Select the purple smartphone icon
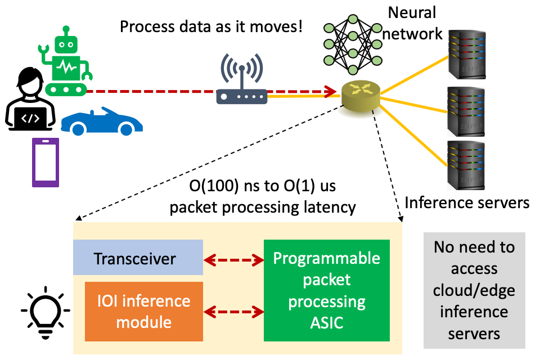coord(46,163)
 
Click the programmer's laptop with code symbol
coord(30,119)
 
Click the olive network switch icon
coord(361,96)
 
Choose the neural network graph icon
coord(353,44)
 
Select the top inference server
coord(467,55)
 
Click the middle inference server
coord(466,111)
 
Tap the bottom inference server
coord(466,165)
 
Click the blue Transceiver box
coord(138,257)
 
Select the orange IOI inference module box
coord(143,312)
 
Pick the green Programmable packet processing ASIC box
coord(326,290)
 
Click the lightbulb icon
coord(46,312)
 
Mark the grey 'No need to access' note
coord(474,290)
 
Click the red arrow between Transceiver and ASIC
coord(233,260)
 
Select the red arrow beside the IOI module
coord(233,312)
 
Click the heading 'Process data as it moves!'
coord(211,26)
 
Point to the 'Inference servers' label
coord(467,202)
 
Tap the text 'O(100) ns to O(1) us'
coord(263,186)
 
